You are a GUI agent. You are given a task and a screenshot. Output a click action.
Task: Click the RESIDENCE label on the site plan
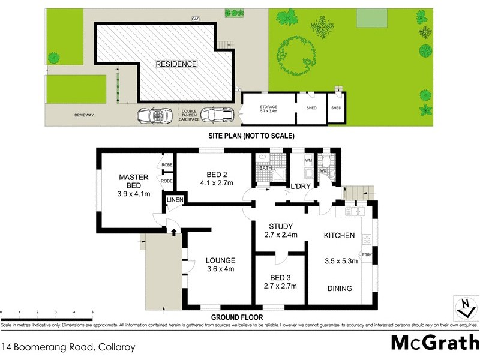tap(176, 64)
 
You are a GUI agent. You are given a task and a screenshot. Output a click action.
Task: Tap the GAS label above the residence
tap(195, 19)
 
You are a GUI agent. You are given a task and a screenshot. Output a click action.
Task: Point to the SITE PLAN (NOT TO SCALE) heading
tap(251, 136)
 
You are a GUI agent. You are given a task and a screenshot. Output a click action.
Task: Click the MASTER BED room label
tap(133, 181)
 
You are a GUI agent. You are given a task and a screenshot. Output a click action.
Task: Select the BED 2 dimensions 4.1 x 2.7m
tap(216, 184)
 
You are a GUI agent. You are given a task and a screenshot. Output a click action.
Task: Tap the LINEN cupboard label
tap(174, 200)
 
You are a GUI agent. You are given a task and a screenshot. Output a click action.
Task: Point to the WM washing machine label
tap(309, 161)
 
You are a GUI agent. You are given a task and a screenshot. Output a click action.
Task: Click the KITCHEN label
tap(340, 235)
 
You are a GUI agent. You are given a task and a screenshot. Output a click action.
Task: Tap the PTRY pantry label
tap(367, 255)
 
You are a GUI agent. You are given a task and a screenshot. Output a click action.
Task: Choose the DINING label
tap(340, 289)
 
